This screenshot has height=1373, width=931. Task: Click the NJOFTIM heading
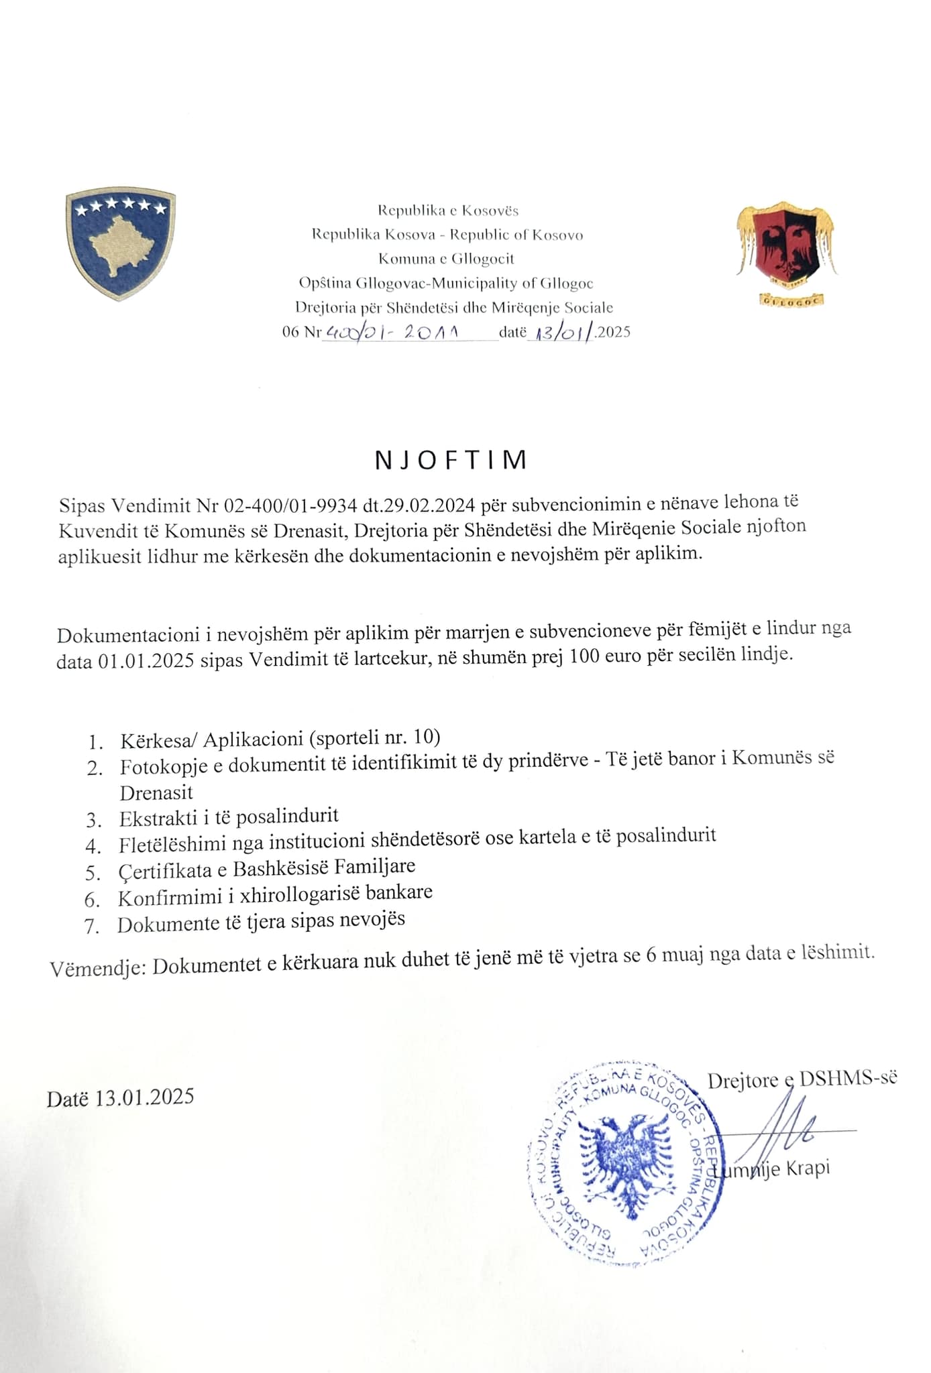click(x=451, y=460)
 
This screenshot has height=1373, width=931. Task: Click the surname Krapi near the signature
click(x=808, y=1168)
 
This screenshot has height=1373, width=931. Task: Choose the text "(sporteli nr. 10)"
click(x=375, y=737)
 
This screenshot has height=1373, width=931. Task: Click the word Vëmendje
click(x=95, y=968)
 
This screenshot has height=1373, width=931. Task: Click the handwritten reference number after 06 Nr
click(x=390, y=332)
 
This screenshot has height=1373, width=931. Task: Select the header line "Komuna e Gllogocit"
click(x=446, y=259)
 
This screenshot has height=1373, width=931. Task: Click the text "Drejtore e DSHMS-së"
click(x=802, y=1079)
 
